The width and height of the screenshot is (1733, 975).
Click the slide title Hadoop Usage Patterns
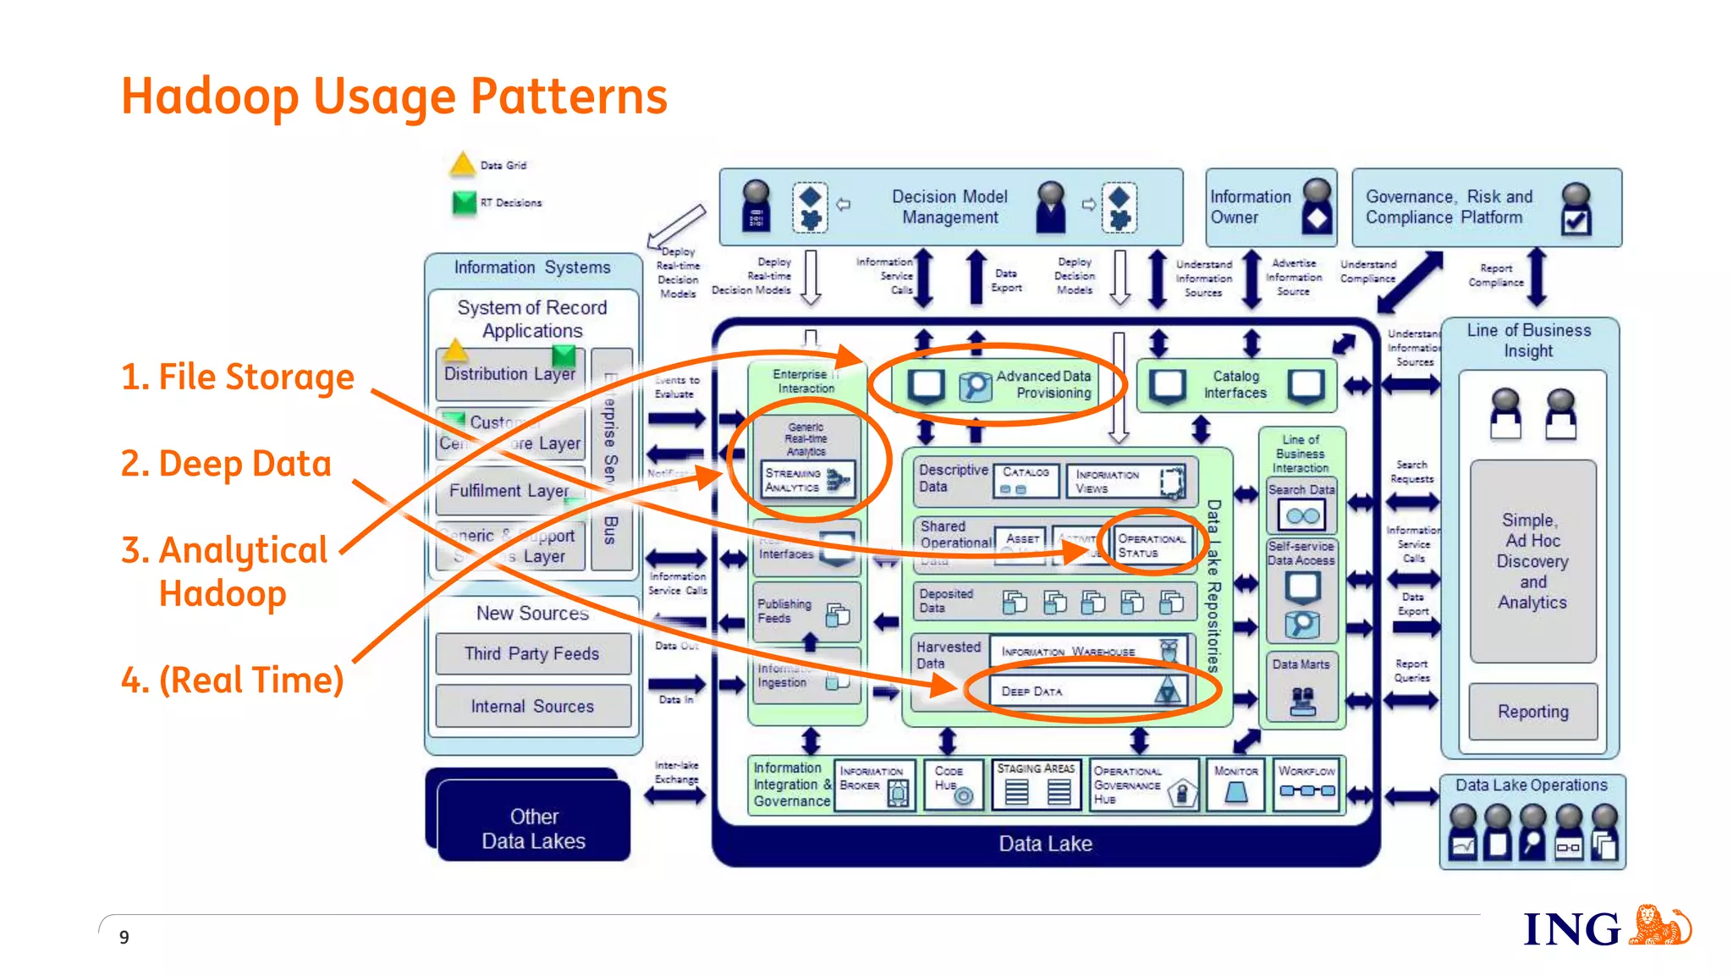point(394,96)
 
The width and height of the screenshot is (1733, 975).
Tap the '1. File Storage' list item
point(238,377)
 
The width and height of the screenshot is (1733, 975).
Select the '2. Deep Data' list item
point(226,464)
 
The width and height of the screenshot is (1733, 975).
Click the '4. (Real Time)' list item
point(233,680)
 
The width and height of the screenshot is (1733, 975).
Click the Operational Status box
point(1151,546)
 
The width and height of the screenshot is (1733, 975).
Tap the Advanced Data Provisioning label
point(1044,384)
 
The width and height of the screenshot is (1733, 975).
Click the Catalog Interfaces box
point(1235,385)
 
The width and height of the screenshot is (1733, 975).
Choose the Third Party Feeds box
point(532,653)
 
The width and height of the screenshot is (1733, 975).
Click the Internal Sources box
point(532,706)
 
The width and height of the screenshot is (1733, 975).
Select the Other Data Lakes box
point(533,828)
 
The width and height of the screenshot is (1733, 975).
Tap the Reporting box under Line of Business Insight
point(1532,712)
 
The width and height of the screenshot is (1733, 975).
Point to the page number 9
point(124,937)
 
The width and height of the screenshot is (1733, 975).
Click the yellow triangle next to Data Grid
point(462,164)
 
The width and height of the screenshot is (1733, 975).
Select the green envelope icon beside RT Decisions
point(464,202)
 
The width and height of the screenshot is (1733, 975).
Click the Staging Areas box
point(1036,784)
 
